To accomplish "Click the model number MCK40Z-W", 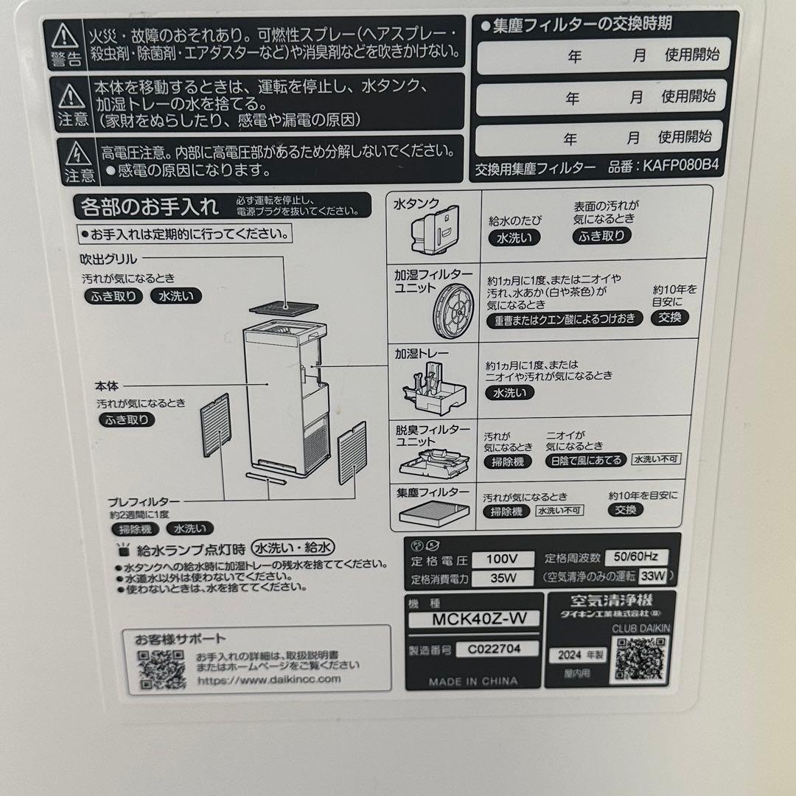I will (x=475, y=619).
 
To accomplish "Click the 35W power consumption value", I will (x=503, y=578).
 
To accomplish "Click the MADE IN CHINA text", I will (x=473, y=682).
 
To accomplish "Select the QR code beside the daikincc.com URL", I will (x=161, y=669).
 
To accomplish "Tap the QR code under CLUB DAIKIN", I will (x=640, y=658).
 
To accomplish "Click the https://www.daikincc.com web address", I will (x=268, y=679).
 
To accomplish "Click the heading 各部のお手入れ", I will (x=150, y=206).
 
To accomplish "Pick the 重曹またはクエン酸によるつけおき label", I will (x=565, y=319).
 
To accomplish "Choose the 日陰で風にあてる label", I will (x=585, y=460).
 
